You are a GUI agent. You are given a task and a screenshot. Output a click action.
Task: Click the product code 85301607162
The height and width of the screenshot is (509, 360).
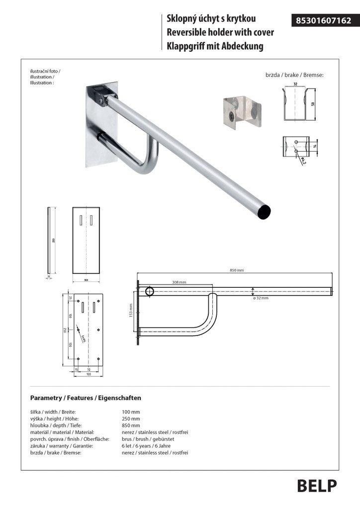point(323,20)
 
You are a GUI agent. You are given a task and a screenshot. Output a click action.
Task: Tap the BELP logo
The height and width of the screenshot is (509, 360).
point(317,486)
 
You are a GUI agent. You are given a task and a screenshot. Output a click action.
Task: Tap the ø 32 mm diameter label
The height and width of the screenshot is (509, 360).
point(261,298)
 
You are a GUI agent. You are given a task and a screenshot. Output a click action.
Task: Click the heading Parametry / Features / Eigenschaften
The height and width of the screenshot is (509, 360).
point(86,398)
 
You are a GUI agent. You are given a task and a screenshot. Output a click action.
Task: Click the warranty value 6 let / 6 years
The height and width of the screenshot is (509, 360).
point(149,446)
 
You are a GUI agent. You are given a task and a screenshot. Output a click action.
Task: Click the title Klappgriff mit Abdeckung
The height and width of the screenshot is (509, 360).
point(215,47)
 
